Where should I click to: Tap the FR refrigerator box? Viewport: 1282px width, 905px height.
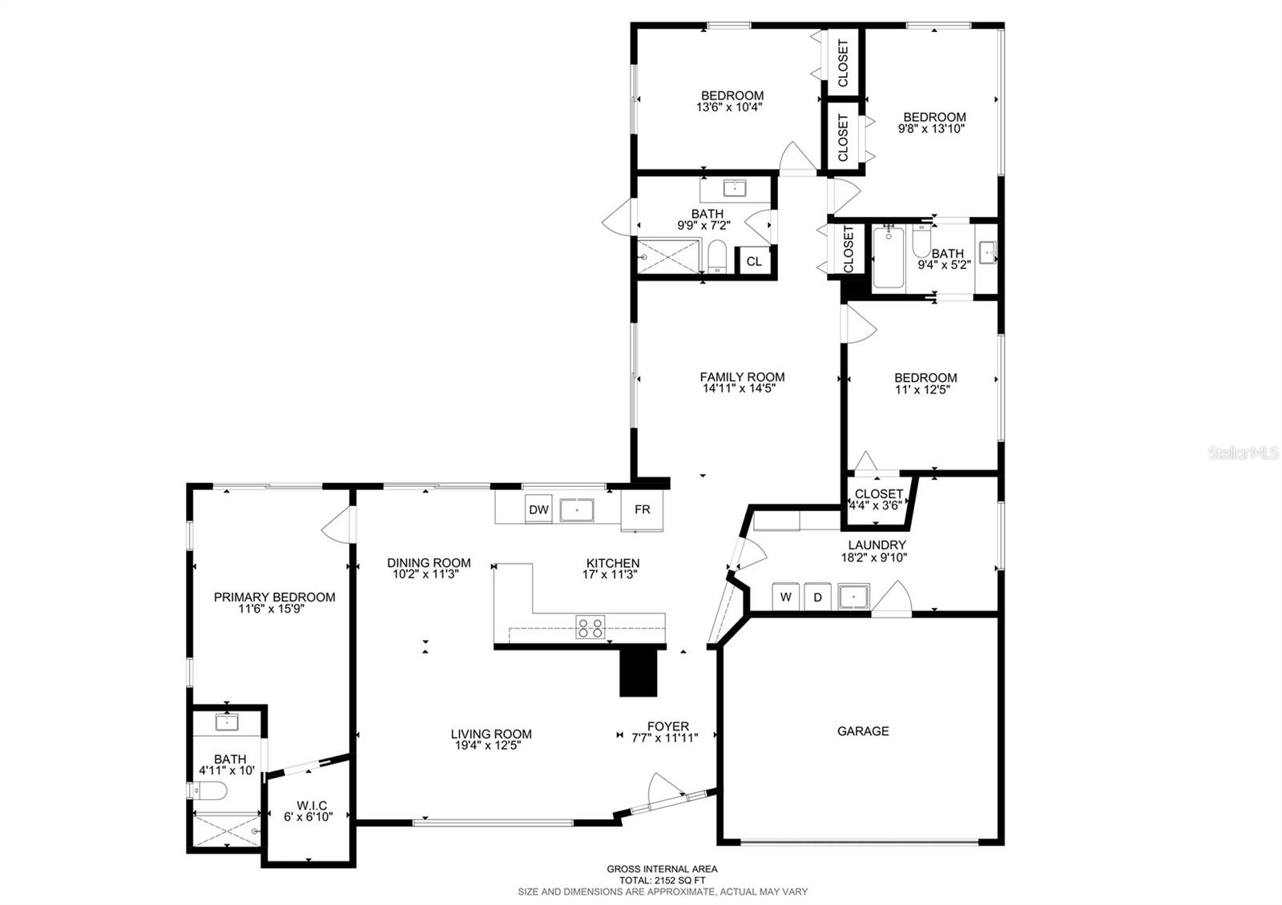[x=643, y=509]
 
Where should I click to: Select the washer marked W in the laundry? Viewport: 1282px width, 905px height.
[x=786, y=597]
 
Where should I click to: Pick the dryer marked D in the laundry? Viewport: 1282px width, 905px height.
[x=818, y=597]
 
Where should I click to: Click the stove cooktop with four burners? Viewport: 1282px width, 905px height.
[x=591, y=627]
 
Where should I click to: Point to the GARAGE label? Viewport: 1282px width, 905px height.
[x=863, y=731]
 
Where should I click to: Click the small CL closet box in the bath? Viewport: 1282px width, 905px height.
[x=754, y=261]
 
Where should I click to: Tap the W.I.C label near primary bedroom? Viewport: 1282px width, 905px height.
[x=312, y=805]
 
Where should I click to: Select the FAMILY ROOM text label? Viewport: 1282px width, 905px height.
[x=742, y=377]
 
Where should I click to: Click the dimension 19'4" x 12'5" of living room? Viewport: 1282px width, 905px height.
[x=491, y=746]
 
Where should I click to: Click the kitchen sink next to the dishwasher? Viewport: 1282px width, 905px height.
[x=576, y=509]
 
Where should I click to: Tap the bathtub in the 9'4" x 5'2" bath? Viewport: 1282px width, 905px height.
[x=888, y=257]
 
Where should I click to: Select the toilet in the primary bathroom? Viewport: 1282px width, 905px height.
[x=210, y=791]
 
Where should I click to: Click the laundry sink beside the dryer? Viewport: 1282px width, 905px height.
[x=854, y=597]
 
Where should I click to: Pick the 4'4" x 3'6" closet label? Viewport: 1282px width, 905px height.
[x=879, y=505]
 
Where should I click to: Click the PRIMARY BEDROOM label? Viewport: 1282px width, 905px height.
[x=275, y=597]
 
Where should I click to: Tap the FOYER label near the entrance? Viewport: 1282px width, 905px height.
[x=668, y=726]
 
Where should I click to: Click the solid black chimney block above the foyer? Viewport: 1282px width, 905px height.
[x=639, y=672]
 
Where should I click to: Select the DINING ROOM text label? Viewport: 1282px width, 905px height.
[x=429, y=563]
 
